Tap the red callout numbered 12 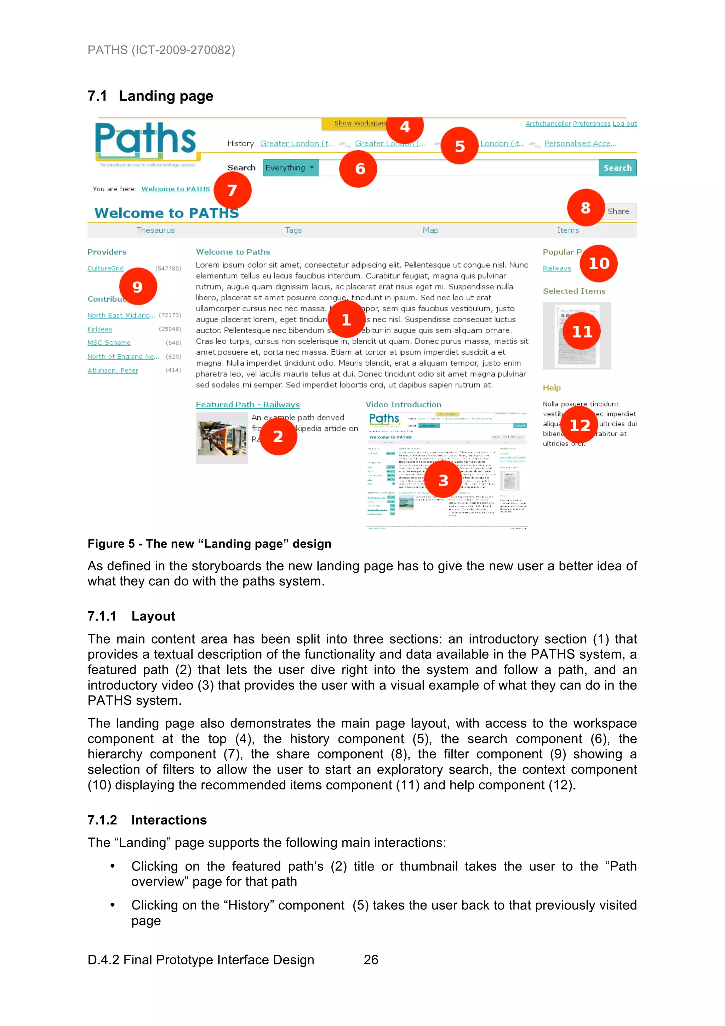580,425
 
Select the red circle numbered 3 443,480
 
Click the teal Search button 617,168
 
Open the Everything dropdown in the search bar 290,168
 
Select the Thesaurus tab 155,230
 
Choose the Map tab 430,230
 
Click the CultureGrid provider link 105,268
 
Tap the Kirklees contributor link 99,329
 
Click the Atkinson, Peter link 113,370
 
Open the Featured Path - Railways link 247,404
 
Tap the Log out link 624,124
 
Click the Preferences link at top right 592,124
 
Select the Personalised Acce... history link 580,143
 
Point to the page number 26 371,959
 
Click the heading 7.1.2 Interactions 147,820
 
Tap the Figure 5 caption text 209,544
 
